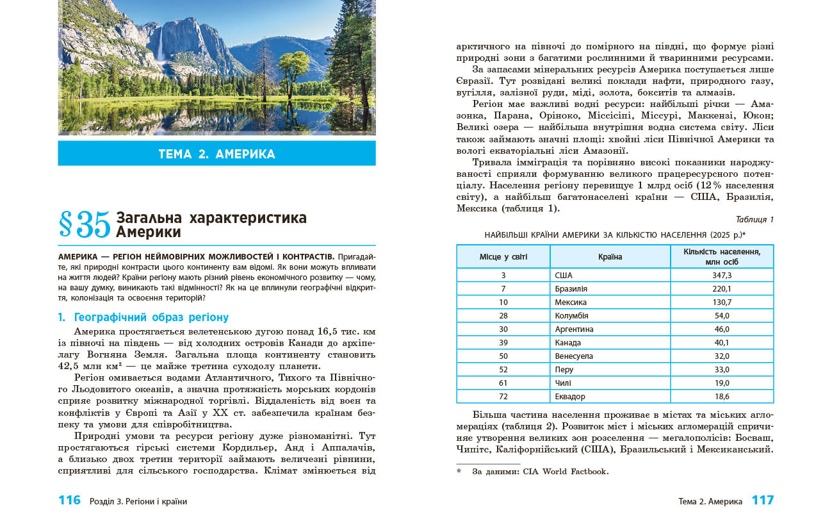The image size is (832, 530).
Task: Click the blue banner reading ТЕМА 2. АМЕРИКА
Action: (x=216, y=154)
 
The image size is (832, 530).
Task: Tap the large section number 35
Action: (x=85, y=224)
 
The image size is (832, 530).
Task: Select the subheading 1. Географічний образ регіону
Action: (x=143, y=317)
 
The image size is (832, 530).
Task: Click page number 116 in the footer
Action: (x=69, y=501)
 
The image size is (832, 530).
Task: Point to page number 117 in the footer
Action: (x=762, y=501)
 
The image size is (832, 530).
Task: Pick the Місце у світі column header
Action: (x=503, y=256)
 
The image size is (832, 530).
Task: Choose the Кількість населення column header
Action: (x=722, y=256)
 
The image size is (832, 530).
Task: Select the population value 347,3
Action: (x=722, y=275)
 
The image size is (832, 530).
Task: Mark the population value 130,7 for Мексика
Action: (x=722, y=302)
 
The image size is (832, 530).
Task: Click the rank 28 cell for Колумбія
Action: (x=503, y=315)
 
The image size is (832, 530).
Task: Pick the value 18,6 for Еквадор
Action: (x=722, y=396)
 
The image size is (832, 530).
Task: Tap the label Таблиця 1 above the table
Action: (x=755, y=219)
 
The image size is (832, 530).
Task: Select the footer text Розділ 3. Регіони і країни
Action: (x=143, y=501)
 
